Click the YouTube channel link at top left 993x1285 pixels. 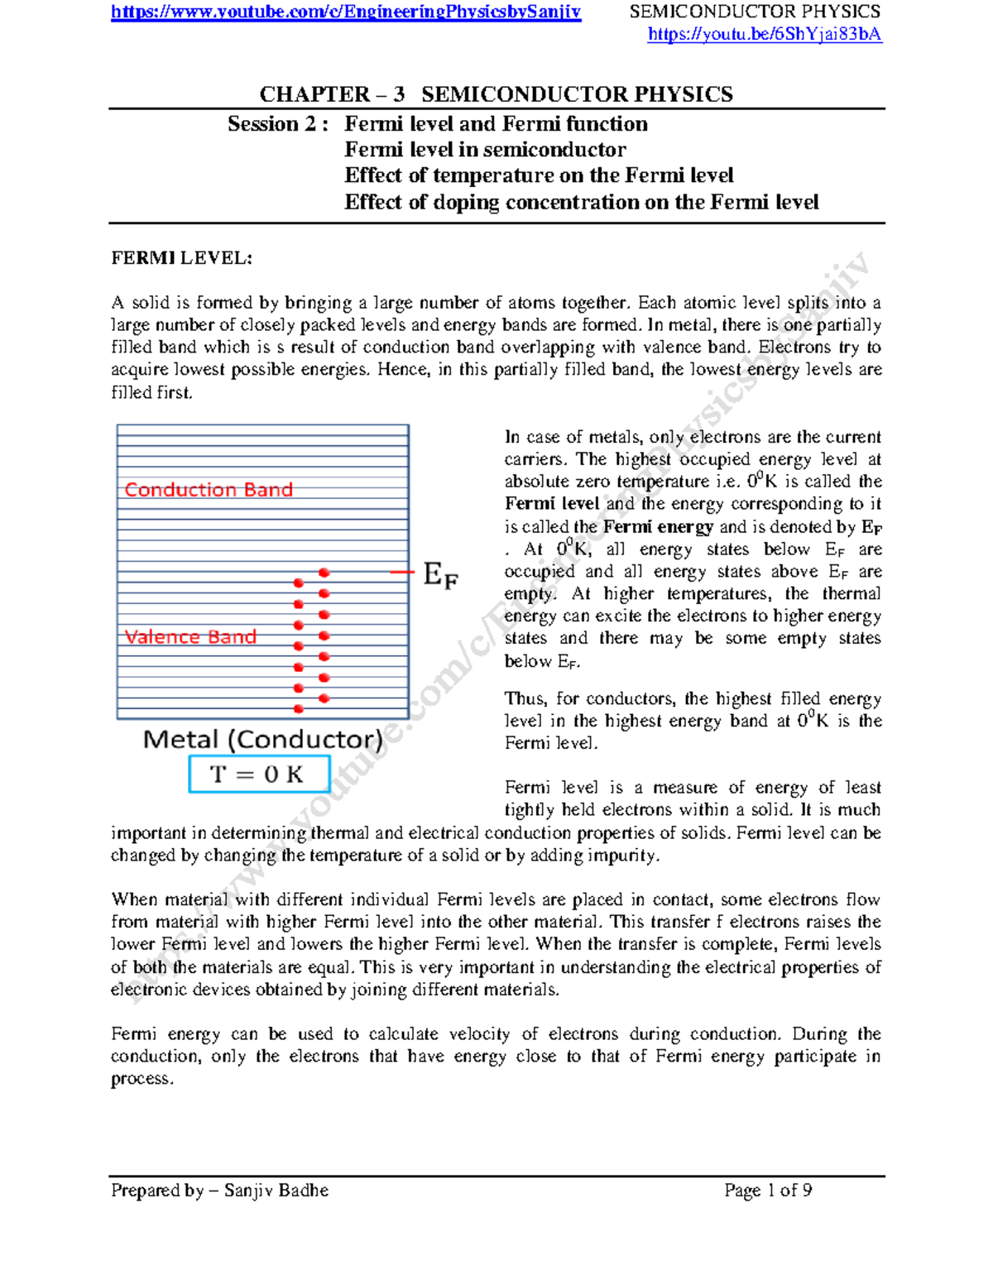point(346,12)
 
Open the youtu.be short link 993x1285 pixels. point(764,34)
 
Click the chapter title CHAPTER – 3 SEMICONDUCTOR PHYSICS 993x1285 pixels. point(496,94)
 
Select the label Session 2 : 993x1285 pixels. point(278,124)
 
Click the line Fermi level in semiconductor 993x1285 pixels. point(485,150)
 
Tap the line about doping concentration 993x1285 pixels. point(581,202)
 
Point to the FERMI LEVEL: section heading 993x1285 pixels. point(181,258)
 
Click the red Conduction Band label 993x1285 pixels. point(209,490)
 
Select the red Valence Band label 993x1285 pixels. point(190,636)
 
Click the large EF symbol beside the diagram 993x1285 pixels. point(439,574)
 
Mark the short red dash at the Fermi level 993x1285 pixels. point(401,572)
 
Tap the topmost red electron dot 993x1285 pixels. point(324,573)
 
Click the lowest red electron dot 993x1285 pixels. point(299,709)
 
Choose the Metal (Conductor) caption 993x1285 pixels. point(262,739)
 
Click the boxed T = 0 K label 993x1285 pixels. point(259,774)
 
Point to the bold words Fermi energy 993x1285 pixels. point(658,527)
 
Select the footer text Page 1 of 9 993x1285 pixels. point(767,1190)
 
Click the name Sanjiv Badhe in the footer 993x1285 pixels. point(276,1190)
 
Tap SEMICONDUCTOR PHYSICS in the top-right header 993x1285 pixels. point(755,12)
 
